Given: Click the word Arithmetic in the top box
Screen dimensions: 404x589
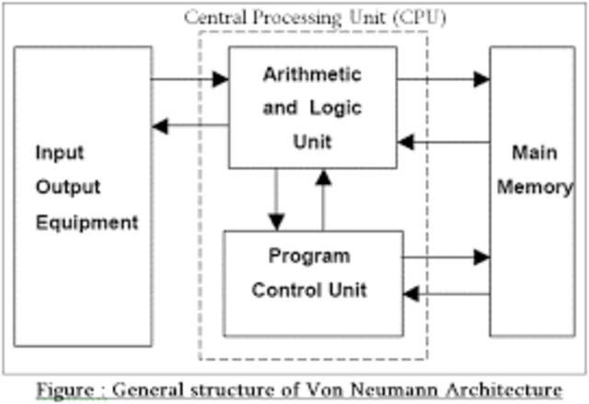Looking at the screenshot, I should [x=312, y=74].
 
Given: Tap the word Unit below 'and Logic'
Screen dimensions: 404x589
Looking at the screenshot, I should [x=311, y=142].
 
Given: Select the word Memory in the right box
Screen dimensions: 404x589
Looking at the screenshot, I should [x=535, y=187].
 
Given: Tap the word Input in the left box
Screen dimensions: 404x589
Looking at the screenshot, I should [x=60, y=152].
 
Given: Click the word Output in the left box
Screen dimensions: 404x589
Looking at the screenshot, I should [x=67, y=187].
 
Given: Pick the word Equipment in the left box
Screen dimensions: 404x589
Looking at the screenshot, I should [x=87, y=222].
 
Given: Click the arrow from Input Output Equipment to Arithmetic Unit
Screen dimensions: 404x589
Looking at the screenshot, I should [x=190, y=80].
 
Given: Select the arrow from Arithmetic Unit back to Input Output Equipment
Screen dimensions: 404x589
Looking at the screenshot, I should [x=190, y=125].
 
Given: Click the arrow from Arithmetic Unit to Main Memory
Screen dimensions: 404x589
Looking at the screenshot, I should [x=443, y=80].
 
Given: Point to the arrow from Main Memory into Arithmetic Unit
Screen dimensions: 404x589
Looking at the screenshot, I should [x=443, y=142].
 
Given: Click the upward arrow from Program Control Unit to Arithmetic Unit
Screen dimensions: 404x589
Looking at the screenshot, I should [x=322, y=200].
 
